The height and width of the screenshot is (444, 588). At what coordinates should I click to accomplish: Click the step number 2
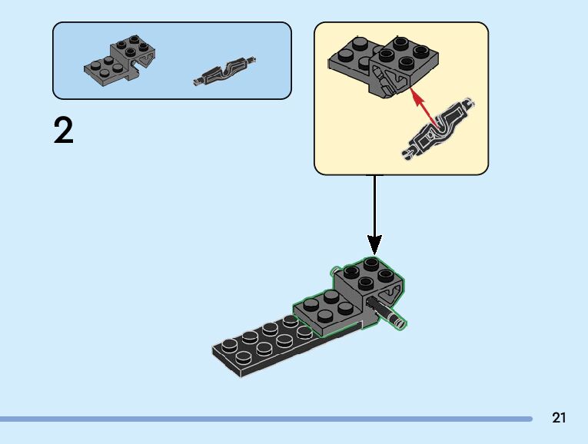point(64,131)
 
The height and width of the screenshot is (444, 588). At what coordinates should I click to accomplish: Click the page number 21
point(559,418)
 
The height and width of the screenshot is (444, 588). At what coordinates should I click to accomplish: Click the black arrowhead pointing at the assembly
point(374,246)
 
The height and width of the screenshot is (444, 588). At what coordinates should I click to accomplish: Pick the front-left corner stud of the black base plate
point(228,347)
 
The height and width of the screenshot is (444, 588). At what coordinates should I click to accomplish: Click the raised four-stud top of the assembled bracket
point(368,273)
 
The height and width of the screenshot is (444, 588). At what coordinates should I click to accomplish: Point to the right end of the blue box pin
point(252,60)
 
